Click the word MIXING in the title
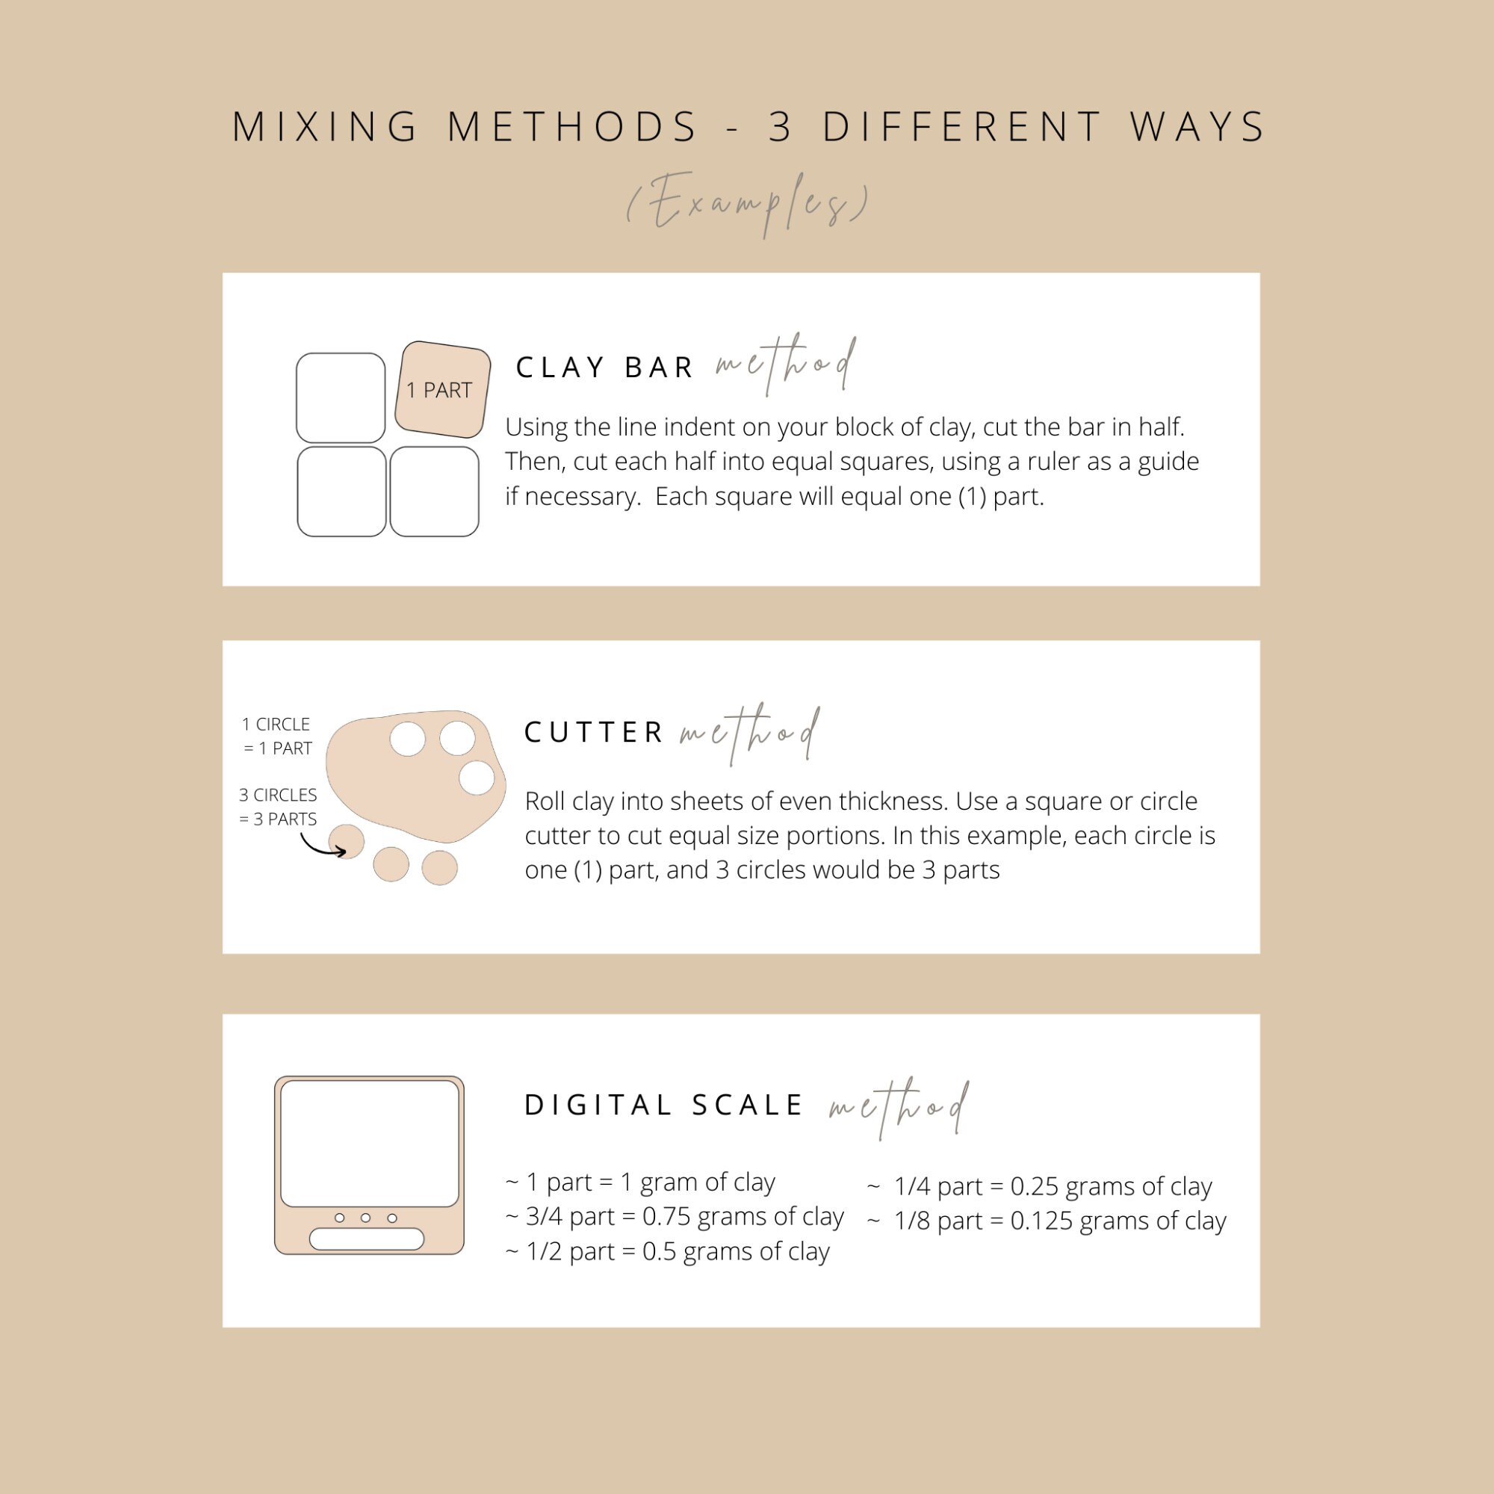(325, 127)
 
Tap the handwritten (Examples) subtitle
(748, 202)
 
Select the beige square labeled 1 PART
(443, 390)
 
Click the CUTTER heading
(594, 732)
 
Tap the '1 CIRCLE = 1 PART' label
(277, 737)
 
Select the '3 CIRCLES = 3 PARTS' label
(278, 807)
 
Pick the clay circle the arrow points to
(347, 841)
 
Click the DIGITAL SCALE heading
(663, 1105)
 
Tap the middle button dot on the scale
(366, 1218)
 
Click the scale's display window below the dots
(367, 1239)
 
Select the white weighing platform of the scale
(370, 1144)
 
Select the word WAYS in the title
(1197, 127)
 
